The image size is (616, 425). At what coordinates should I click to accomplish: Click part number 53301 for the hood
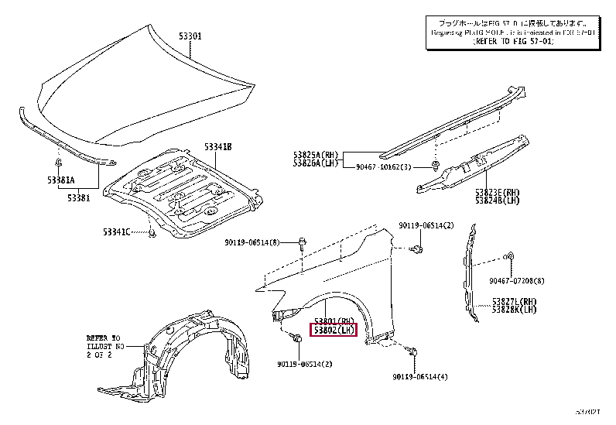pos(191,36)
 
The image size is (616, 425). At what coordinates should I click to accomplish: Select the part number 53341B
pos(219,146)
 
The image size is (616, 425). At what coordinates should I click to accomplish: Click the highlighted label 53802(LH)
pos(333,331)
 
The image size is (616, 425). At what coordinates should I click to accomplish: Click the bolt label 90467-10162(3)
pos(385,167)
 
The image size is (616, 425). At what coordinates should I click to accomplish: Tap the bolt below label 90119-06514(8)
pos(301,246)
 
